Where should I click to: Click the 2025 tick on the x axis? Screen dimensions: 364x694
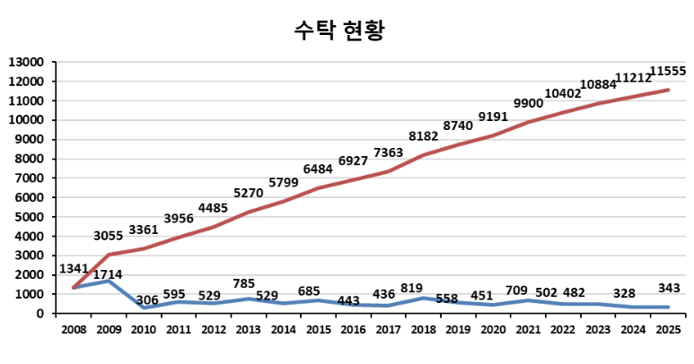point(667,331)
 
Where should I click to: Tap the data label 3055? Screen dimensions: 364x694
point(112,236)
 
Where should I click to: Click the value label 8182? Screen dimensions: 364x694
point(425,136)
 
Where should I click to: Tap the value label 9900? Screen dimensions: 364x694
point(528,104)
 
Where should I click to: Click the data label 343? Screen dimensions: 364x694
point(667,288)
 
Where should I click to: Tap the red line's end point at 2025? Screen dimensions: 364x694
point(667,90)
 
